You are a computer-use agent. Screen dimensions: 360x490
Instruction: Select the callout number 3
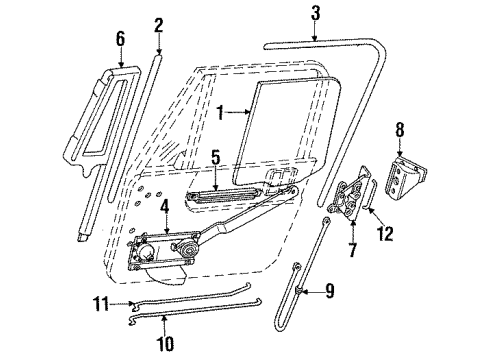point(315,13)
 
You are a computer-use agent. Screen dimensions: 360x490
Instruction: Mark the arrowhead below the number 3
point(315,38)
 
